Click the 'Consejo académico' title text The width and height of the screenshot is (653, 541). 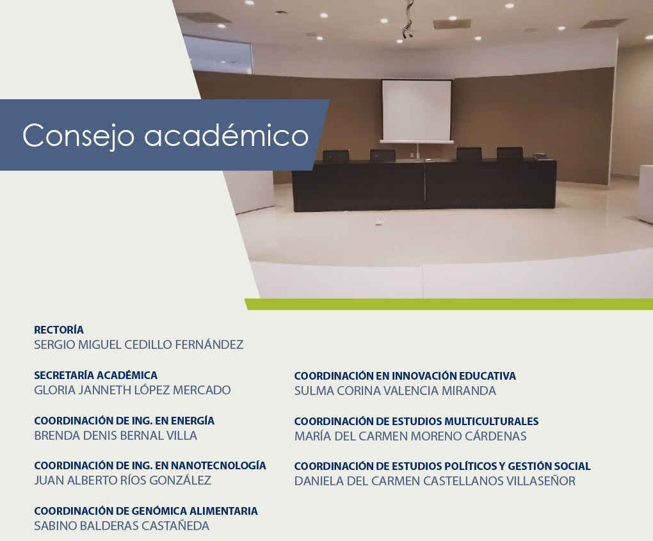click(165, 135)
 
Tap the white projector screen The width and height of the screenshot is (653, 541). click(417, 110)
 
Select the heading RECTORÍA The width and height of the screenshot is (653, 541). click(59, 330)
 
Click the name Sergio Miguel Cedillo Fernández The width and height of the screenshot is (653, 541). click(139, 345)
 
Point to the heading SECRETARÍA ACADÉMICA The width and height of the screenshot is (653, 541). click(96, 375)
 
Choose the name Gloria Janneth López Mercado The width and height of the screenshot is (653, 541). click(133, 391)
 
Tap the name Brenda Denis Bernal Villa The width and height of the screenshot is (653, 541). click(115, 435)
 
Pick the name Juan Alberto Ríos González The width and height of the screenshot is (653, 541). click(122, 481)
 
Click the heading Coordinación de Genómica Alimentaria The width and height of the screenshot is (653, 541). click(146, 511)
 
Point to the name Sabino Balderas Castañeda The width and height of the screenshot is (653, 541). click(122, 526)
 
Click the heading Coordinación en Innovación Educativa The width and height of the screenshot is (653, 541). click(405, 376)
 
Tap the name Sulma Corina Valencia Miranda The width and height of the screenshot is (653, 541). click(395, 391)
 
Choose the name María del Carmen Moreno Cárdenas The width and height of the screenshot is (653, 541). click(410, 437)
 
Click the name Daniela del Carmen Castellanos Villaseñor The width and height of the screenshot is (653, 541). click(435, 481)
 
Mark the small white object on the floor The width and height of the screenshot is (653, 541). click(380, 222)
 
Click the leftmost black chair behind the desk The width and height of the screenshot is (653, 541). click(336, 156)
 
